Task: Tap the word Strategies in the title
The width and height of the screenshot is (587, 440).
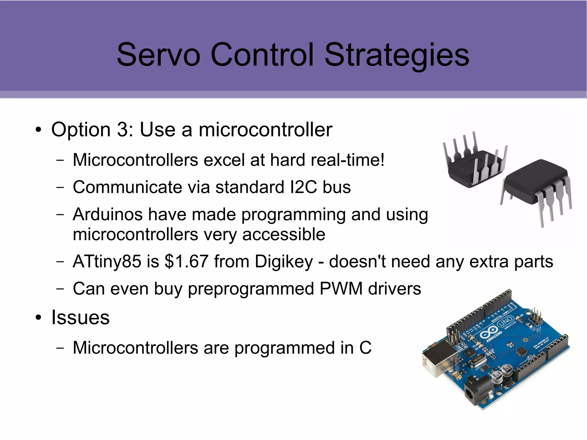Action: tap(397, 55)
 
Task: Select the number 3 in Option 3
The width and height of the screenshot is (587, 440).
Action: tap(123, 130)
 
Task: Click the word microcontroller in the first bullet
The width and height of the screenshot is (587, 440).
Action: tap(265, 130)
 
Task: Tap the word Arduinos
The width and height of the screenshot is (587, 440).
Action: tap(107, 214)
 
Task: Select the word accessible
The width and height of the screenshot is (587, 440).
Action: tap(284, 234)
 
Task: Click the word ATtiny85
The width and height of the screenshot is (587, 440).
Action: tap(107, 261)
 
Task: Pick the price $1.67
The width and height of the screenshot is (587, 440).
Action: tap(186, 261)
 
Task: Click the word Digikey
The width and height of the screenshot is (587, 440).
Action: tap(284, 262)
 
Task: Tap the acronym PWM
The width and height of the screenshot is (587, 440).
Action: tap(341, 289)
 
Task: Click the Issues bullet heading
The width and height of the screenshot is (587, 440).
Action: tap(80, 318)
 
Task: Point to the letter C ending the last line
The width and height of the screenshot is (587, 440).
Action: tap(365, 348)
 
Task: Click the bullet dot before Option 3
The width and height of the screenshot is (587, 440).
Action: tap(38, 130)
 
